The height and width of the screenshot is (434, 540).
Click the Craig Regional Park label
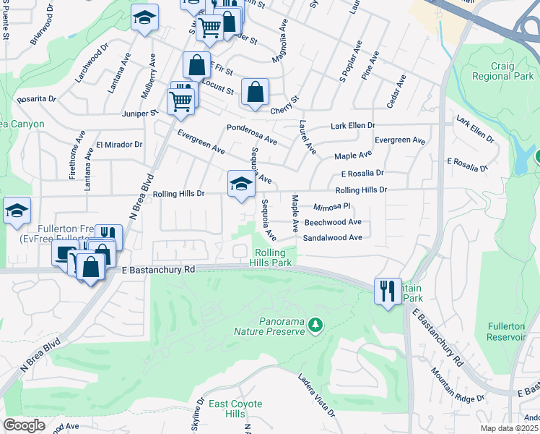(502, 71)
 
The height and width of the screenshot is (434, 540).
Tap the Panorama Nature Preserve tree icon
(315, 327)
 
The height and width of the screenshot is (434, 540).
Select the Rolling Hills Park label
(273, 258)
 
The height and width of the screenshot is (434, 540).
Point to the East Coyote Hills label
(235, 409)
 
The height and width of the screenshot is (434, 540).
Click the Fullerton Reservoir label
(505, 332)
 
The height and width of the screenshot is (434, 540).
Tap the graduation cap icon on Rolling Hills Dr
(242, 184)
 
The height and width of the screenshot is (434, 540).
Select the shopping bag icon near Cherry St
(255, 93)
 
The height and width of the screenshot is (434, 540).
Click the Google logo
(24, 425)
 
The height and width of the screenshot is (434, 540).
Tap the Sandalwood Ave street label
(331, 237)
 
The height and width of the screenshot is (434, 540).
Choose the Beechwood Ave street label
(332, 223)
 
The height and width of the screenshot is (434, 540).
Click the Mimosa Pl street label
(331, 206)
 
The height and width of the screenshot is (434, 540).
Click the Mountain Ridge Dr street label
(458, 385)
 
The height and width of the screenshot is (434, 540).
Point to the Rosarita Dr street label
(36, 99)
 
